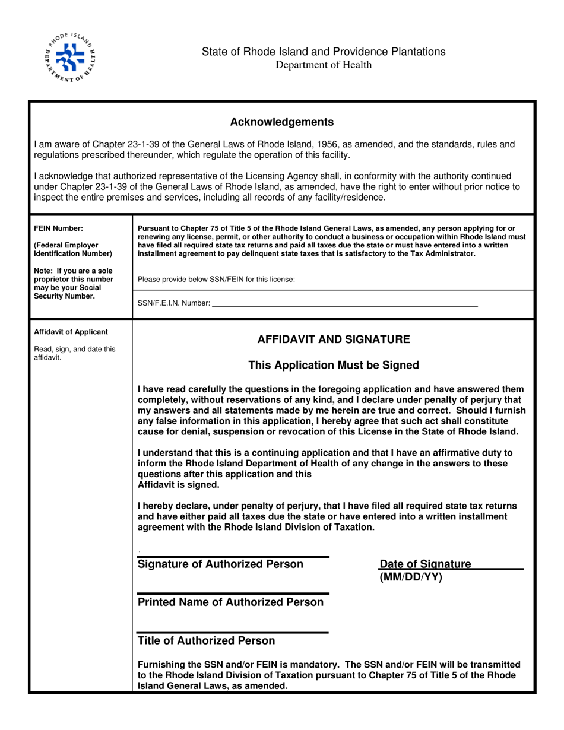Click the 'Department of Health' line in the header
(324, 65)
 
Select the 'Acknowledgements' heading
(282, 122)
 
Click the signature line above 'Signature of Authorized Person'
(233, 557)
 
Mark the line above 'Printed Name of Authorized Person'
(233, 593)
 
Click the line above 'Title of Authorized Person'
(233, 632)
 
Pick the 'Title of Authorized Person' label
(206, 641)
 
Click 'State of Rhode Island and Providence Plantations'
(324, 52)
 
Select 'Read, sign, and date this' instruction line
(74, 349)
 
